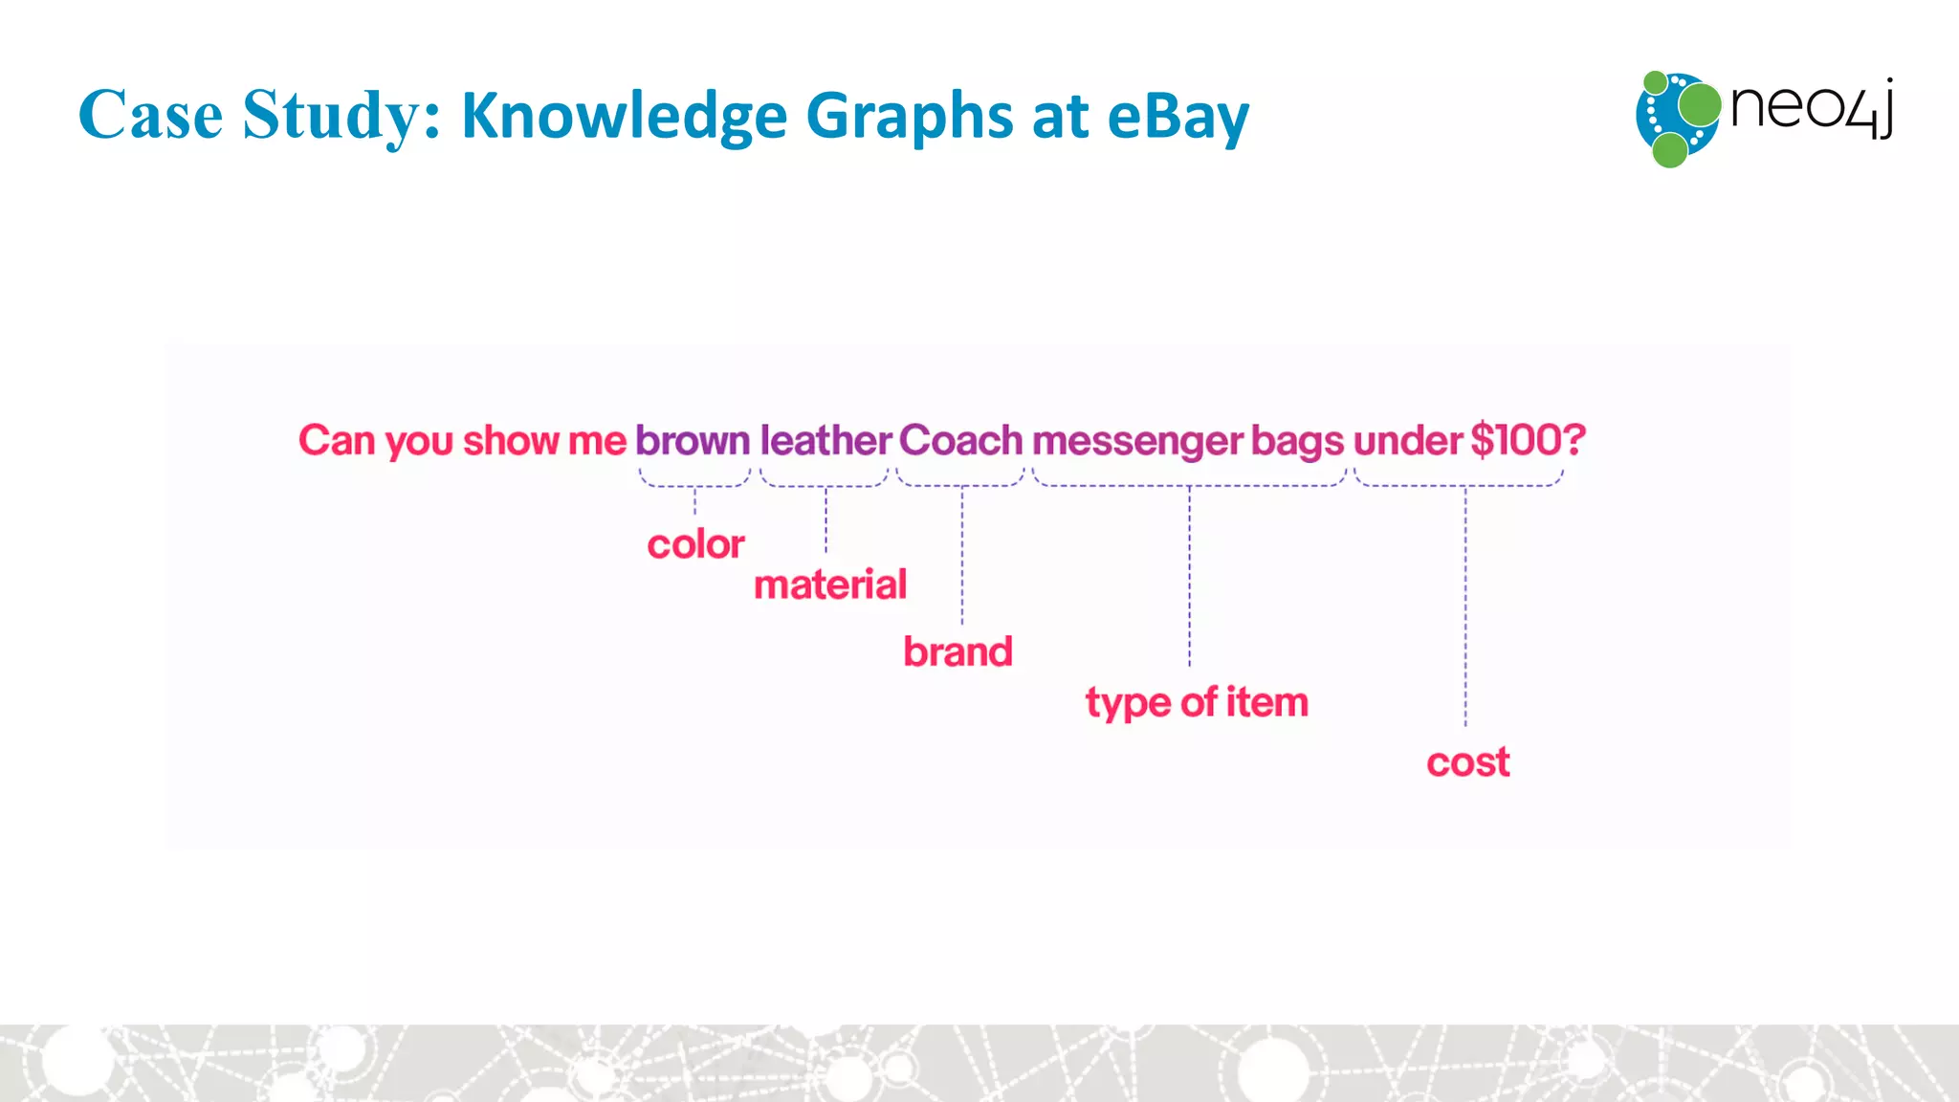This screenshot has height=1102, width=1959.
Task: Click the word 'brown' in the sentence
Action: tap(693, 441)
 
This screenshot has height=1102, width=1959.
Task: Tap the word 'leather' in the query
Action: tap(825, 441)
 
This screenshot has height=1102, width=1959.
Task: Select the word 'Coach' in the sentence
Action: tap(960, 441)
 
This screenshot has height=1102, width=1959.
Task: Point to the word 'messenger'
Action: tap(1137, 442)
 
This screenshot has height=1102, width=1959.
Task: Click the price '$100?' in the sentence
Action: tap(1528, 440)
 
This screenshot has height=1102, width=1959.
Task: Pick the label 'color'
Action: tap(695, 545)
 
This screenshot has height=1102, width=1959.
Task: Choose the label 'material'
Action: tap(829, 584)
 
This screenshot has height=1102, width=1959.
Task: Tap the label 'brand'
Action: tap(957, 652)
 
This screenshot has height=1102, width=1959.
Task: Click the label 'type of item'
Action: tap(1196, 703)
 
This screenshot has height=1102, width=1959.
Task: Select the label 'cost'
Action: tap(1467, 763)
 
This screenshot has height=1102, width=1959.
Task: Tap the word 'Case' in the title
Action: tap(150, 116)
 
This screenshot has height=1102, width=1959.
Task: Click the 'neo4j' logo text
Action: tap(1811, 108)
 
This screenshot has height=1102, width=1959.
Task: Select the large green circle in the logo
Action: tap(1699, 105)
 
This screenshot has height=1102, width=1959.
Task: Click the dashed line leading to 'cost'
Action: tap(1465, 612)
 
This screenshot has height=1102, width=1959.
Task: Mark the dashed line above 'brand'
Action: tap(962, 555)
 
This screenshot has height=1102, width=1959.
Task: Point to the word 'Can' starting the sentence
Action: tap(337, 441)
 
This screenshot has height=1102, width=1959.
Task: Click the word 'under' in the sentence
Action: tap(1407, 441)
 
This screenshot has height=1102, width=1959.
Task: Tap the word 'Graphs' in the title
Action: tap(910, 116)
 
